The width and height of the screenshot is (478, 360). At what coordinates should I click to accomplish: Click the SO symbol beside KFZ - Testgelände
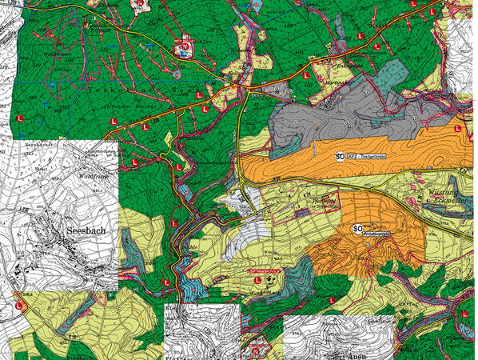(x=340, y=154)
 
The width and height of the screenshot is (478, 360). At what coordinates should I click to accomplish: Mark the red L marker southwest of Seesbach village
(x=18, y=304)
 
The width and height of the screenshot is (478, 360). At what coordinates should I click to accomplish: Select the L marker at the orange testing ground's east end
(x=457, y=127)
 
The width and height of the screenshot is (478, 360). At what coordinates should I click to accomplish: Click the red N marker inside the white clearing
(x=186, y=46)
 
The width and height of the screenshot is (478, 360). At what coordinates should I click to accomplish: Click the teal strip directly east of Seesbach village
(x=130, y=253)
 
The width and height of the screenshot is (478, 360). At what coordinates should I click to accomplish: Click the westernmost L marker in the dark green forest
(x=20, y=118)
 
